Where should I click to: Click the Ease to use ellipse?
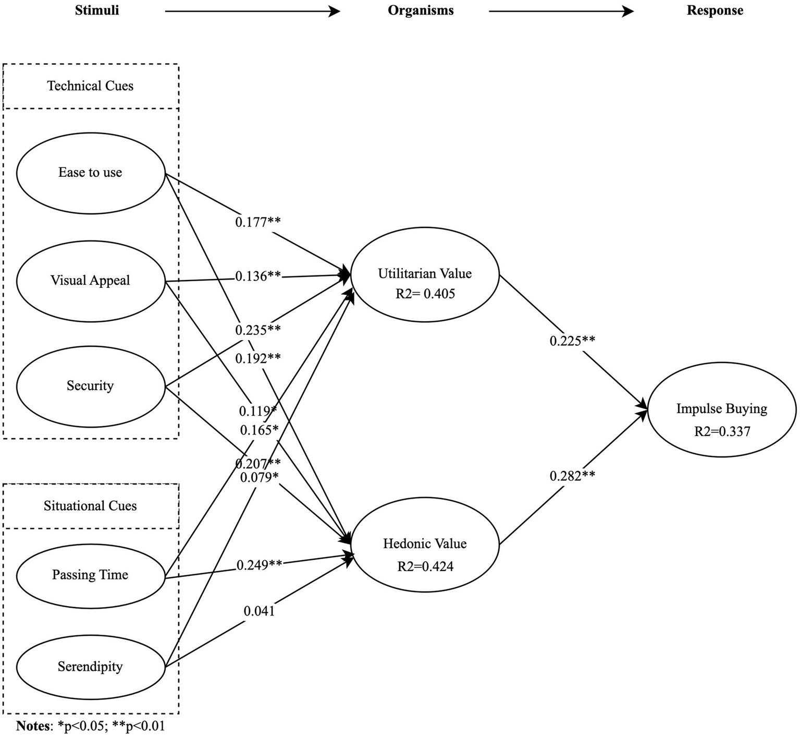pyautogui.click(x=90, y=173)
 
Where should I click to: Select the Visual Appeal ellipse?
pyautogui.click(x=90, y=281)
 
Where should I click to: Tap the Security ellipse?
pyautogui.click(x=90, y=386)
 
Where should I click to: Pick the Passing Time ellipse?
pyautogui.click(x=90, y=575)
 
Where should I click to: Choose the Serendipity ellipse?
pyautogui.click(x=90, y=667)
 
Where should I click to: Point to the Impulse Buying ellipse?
pyautogui.click(x=722, y=409)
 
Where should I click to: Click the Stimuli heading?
pyautogui.click(x=97, y=10)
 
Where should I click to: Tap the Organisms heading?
pyautogui.click(x=421, y=10)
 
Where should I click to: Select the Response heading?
pyautogui.click(x=715, y=10)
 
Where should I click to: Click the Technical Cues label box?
pyautogui.click(x=91, y=86)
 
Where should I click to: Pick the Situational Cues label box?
pyautogui.click(x=91, y=506)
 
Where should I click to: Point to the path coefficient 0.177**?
pyautogui.click(x=258, y=222)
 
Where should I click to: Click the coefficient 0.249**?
pyautogui.click(x=260, y=565)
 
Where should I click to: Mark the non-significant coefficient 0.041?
pyautogui.click(x=259, y=611)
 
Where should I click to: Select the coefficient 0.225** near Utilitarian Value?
pyautogui.click(x=572, y=341)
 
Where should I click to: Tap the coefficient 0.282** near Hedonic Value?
pyautogui.click(x=572, y=476)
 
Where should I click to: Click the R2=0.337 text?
pyautogui.click(x=722, y=431)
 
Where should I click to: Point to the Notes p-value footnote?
pyautogui.click(x=91, y=726)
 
